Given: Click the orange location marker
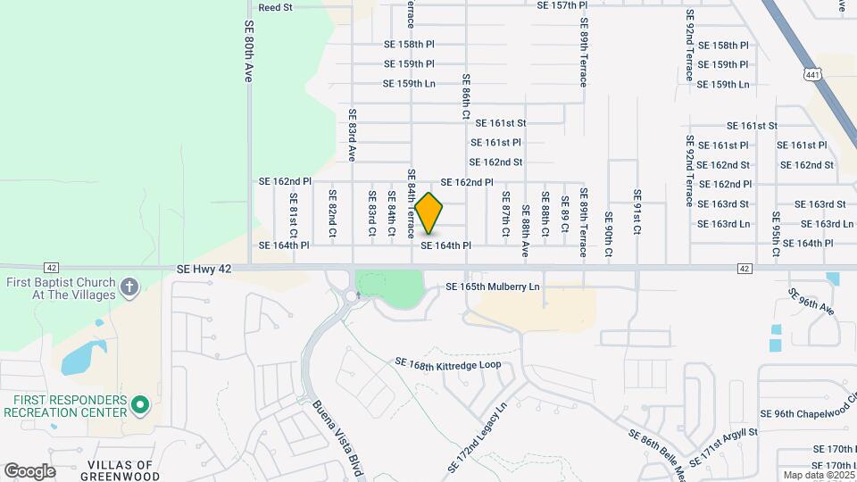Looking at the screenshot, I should pos(429,213).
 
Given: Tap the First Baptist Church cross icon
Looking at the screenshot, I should pos(129,287).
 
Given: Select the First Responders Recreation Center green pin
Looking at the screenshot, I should pos(139,406).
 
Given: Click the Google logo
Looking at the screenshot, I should pos(29,470).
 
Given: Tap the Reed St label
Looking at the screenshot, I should pos(275,7).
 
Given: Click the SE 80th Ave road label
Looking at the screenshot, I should pos(249,54).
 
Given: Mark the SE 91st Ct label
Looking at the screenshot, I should pos(637,212).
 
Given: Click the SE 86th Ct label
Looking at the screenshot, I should pos(466,96).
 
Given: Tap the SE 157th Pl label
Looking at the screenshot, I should pos(562,5).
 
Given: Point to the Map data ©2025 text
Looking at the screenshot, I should pos(818,476).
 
